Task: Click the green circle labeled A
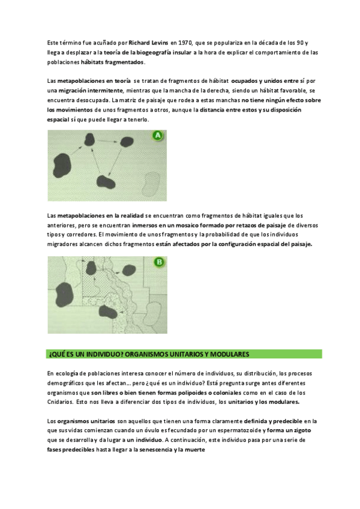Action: [158, 137]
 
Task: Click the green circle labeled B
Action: [159, 262]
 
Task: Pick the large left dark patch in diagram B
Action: [62, 292]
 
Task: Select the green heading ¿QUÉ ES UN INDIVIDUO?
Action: [148, 354]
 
